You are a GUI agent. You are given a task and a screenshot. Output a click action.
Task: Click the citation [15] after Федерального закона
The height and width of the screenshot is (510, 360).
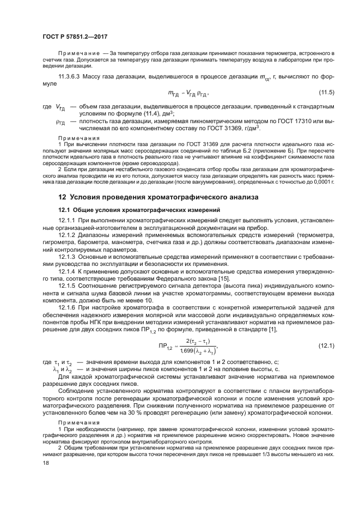(223, 279)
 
